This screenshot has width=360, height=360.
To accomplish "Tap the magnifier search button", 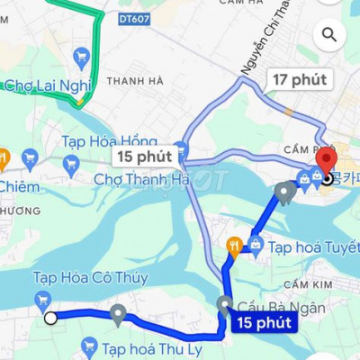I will pyautogui.click(x=330, y=35).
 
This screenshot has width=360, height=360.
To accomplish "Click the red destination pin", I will pyautogui.click(x=323, y=164).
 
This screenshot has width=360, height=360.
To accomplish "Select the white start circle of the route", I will pyautogui.click(x=50, y=318).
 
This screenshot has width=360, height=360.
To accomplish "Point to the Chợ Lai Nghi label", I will pyautogui.click(x=47, y=85).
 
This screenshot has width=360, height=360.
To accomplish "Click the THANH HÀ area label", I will pyautogui.click(x=134, y=80).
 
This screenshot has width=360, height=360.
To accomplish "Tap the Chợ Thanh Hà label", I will pyautogui.click(x=141, y=179).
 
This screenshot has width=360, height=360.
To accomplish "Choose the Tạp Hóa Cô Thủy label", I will pyautogui.click(x=90, y=277).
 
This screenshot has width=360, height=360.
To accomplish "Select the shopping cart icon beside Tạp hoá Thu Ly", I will pyautogui.click(x=88, y=346).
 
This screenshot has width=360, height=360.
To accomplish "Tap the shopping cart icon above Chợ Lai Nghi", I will pyautogui.click(x=82, y=58).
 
